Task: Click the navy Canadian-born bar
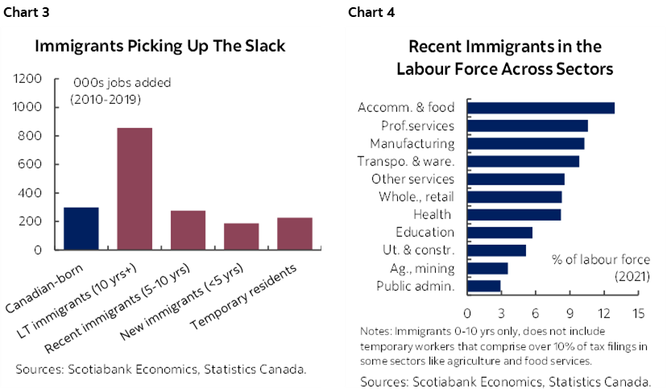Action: click(81, 229)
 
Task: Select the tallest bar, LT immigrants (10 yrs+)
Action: click(135, 188)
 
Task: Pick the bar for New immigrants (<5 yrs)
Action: click(241, 236)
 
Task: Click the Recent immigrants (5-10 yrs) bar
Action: click(188, 230)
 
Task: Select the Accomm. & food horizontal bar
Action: click(541, 108)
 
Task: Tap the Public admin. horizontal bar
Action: click(484, 285)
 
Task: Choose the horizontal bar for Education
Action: click(499, 232)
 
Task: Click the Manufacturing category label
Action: click(412, 143)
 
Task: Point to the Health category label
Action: click(433, 214)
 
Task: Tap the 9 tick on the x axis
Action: click(570, 312)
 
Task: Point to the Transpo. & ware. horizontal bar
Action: click(524, 161)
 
